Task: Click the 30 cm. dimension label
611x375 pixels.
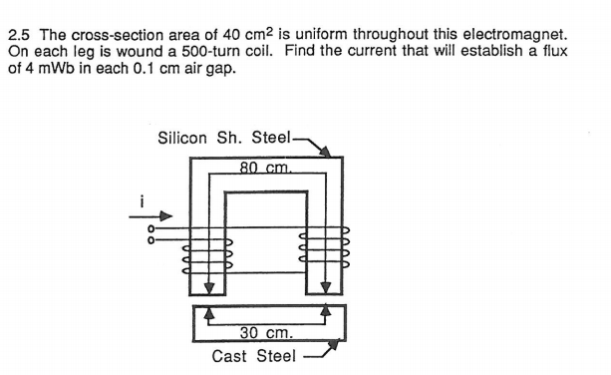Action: [266, 332]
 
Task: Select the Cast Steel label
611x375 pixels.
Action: [253, 355]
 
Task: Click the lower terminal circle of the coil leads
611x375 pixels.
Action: [151, 239]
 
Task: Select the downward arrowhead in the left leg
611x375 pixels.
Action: [208, 288]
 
